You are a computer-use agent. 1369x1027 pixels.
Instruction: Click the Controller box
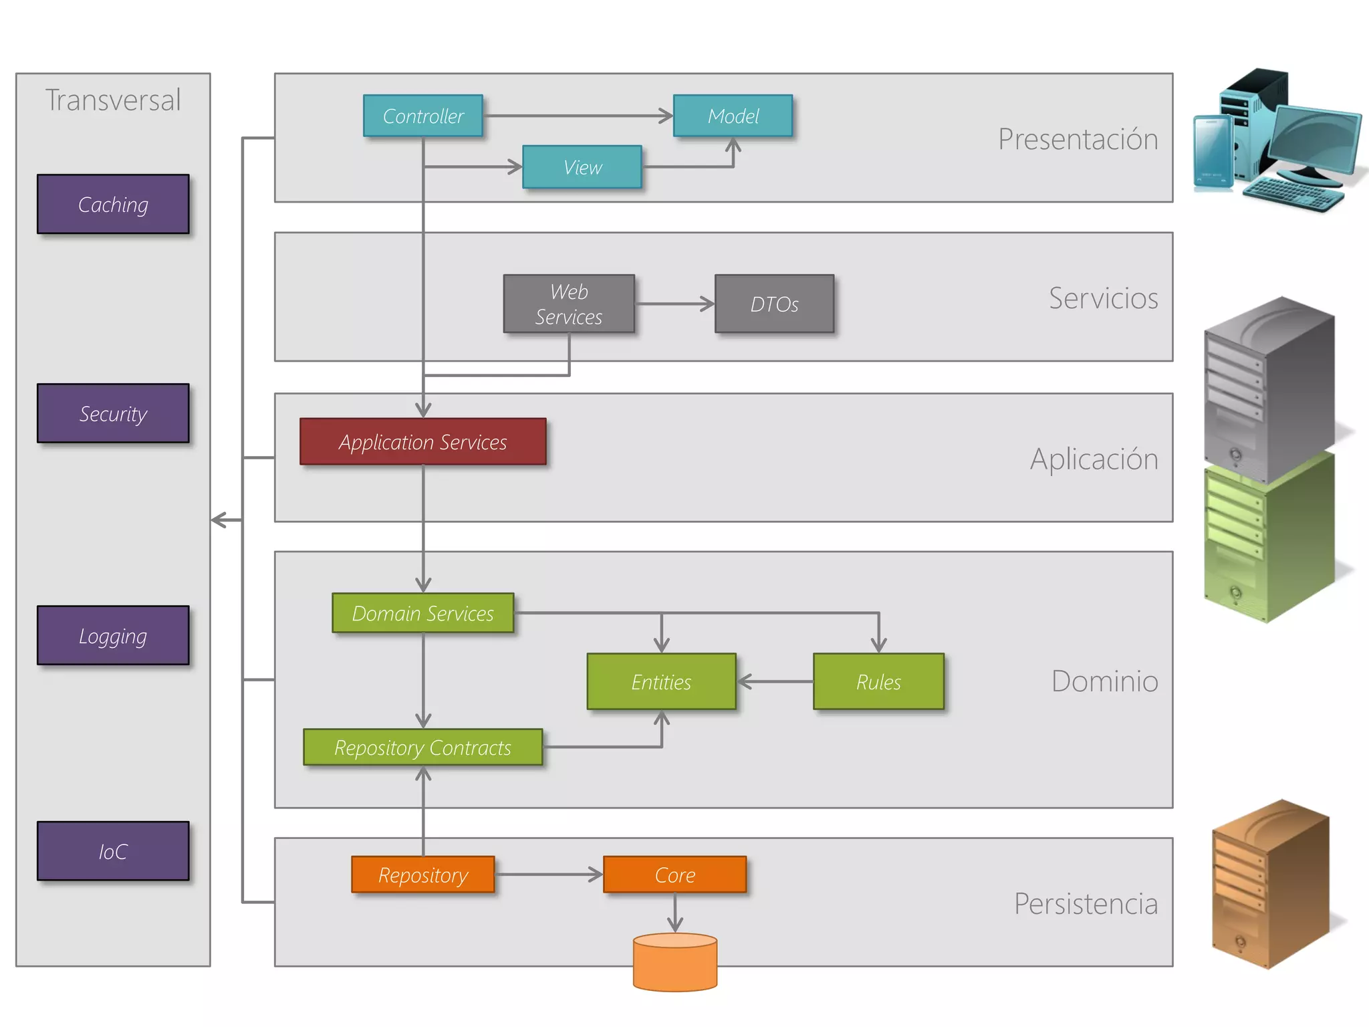422,116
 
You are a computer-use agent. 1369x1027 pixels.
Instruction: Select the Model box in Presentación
733,116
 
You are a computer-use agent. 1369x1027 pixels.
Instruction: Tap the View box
582,167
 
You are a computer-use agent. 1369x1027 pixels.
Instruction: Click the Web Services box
568,304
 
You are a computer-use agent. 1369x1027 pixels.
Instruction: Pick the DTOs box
774,304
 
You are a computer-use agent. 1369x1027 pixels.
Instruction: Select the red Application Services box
422,441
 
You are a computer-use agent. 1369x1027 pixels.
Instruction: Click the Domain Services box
422,612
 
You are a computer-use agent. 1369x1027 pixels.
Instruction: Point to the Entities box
661,681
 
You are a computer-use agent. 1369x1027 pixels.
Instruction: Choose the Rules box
878,681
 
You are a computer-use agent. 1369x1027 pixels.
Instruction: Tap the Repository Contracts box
422,747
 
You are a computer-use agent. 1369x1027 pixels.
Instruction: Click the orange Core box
674,875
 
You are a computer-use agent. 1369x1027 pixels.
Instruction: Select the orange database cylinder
674,963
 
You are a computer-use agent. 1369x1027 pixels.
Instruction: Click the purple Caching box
113,204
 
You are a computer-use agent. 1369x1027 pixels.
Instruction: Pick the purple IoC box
113,850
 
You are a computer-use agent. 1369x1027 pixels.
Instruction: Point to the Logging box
113,635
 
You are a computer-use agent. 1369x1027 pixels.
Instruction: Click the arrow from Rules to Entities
775,681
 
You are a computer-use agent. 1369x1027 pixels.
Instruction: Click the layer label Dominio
1104,681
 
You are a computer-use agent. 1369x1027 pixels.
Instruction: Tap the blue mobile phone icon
1213,154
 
